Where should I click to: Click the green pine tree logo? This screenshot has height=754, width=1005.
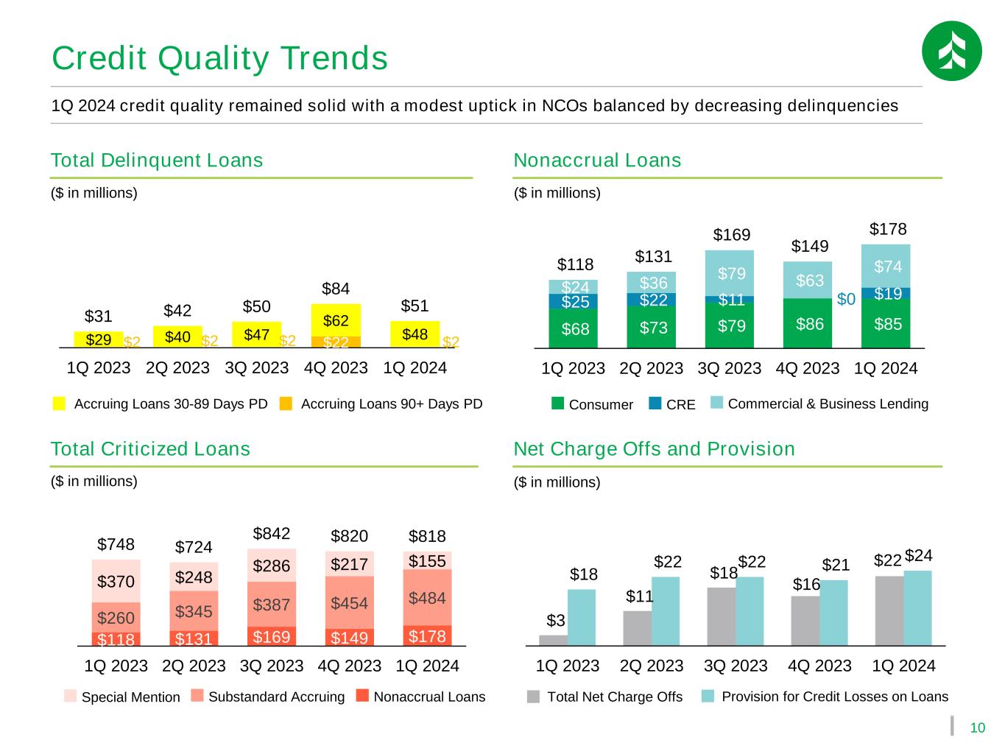(951, 51)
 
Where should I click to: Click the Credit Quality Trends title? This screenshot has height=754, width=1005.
(219, 59)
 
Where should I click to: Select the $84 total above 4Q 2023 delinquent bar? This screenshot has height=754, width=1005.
(335, 289)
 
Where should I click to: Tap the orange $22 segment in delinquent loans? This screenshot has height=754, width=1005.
(336, 342)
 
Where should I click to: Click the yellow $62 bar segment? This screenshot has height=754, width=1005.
(336, 320)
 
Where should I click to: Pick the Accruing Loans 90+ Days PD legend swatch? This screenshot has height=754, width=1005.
(286, 404)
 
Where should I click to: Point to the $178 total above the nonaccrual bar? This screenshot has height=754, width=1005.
(887, 229)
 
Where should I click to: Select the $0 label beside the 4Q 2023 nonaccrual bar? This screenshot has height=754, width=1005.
(846, 299)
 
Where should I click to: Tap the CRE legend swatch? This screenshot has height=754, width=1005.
(655, 403)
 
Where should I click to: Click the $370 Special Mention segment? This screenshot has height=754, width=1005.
(116, 580)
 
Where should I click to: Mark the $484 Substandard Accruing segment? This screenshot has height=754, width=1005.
(427, 597)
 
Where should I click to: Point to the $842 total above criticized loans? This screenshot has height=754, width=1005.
(272, 533)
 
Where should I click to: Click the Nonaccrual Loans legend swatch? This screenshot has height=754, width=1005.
(362, 695)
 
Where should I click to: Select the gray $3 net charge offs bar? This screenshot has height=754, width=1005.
(553, 640)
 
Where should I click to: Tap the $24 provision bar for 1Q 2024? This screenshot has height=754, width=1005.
(917, 608)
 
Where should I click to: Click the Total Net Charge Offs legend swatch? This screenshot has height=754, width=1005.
(533, 697)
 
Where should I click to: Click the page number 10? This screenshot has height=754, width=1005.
(977, 727)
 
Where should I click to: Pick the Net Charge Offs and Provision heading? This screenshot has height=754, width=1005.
(654, 448)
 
